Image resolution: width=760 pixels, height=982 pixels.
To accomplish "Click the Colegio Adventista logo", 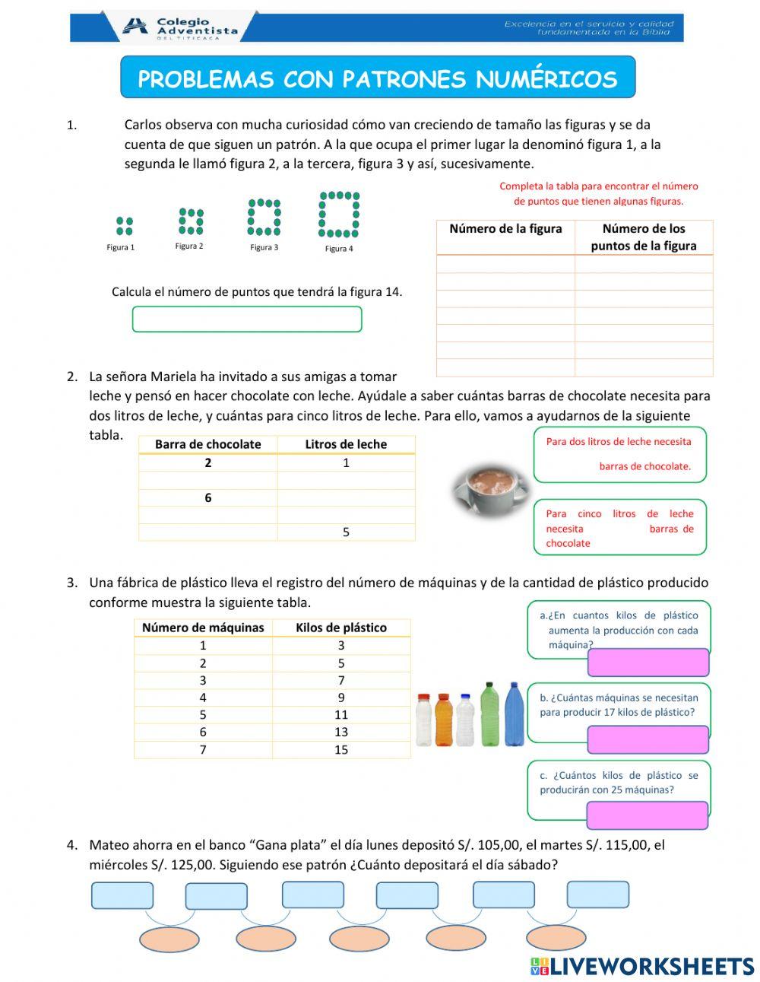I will coord(179,27).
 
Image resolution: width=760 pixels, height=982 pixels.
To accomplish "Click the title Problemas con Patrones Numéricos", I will coord(378,78).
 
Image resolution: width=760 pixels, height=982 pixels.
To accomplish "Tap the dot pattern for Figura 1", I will coord(125,226).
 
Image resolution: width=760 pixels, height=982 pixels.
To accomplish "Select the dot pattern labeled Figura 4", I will coord(339,215).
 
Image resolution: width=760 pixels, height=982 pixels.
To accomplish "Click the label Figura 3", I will coord(264,247).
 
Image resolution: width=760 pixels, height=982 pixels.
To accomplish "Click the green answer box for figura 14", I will coord(247,319).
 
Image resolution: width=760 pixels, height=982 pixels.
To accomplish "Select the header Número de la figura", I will coord(505,229).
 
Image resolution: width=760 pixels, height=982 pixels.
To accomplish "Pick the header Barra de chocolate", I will coord(207,444).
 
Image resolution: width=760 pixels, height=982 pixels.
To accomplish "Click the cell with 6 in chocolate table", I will coord(207,498).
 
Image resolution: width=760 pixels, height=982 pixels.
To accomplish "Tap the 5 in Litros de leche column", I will coord(346,532).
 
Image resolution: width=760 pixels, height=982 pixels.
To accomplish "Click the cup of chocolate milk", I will coord(489,488).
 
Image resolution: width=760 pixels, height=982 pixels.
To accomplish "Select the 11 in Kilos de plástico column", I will coord(341,715).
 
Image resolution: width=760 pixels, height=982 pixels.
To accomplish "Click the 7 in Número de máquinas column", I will coord(203,750).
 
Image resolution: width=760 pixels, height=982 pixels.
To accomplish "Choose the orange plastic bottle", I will coord(444,720).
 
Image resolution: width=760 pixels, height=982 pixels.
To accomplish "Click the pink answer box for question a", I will coord(648,663).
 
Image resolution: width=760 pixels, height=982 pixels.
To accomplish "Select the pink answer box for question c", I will coord(647,815).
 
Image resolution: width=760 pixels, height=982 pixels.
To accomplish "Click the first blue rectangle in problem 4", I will coord(122,896).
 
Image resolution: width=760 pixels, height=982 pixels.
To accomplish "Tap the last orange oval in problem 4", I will coord(556,939).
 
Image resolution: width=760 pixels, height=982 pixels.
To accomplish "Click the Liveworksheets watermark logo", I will coord(642,966).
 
